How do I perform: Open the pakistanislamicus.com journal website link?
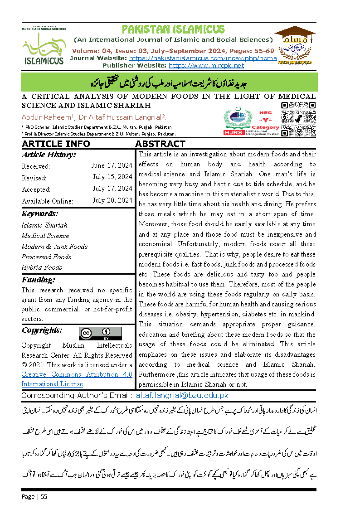pyautogui.click(x=203, y=58)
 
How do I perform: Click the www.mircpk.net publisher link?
pyautogui.click(x=206, y=65)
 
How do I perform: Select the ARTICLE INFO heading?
pyautogui.click(x=56, y=144)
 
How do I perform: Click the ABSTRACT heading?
pyautogui.click(x=161, y=144)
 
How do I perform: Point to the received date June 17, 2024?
pyautogui.click(x=112, y=166)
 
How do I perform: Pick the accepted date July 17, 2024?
pyautogui.click(x=112, y=189)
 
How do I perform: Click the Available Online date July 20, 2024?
pyautogui.click(x=112, y=201)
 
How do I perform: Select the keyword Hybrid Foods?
pyautogui.click(x=42, y=267)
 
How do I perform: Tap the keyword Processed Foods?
pyautogui.click(x=46, y=257)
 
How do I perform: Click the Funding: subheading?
pyautogui.click(x=38, y=280)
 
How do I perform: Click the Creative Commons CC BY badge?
pyautogui.click(x=100, y=333)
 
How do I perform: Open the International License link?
pyautogui.click(x=52, y=384)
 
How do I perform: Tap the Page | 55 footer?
pyautogui.click(x=34, y=496)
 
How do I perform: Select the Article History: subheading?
pyautogui.click(x=49, y=155)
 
